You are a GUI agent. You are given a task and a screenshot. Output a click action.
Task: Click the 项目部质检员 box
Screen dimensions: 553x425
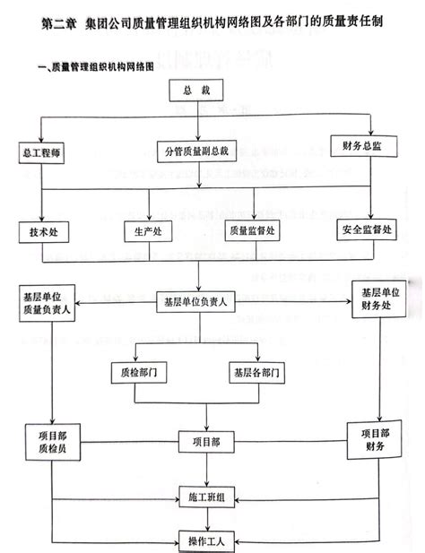tap(51, 440)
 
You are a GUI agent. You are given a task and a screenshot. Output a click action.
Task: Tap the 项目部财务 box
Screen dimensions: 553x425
tap(374, 439)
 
